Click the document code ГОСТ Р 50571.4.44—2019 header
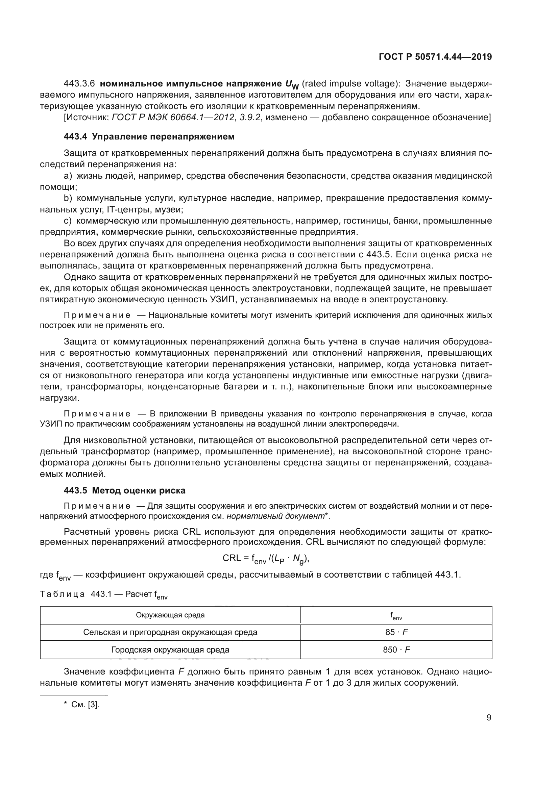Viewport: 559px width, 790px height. pos(435,57)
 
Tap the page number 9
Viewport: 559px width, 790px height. pos(489,718)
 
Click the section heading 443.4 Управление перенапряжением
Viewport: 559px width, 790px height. pos(149,136)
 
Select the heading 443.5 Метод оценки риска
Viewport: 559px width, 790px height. pos(125,490)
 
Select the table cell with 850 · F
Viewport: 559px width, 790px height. pos(396,649)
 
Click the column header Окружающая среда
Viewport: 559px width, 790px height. pos(170,615)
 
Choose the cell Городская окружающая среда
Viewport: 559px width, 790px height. pos(170,649)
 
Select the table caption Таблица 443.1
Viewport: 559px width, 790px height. pos(76,594)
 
